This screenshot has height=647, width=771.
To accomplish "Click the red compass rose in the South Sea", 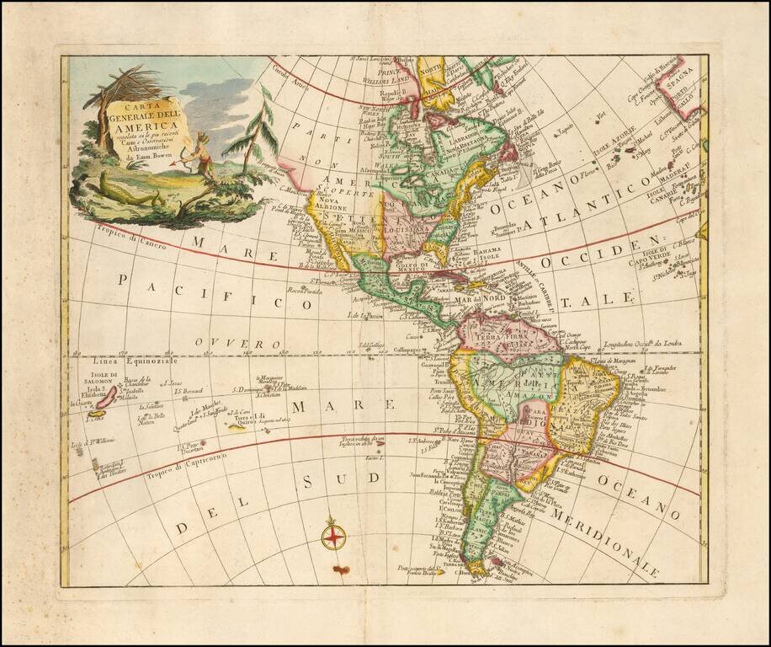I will click(x=334, y=534).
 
